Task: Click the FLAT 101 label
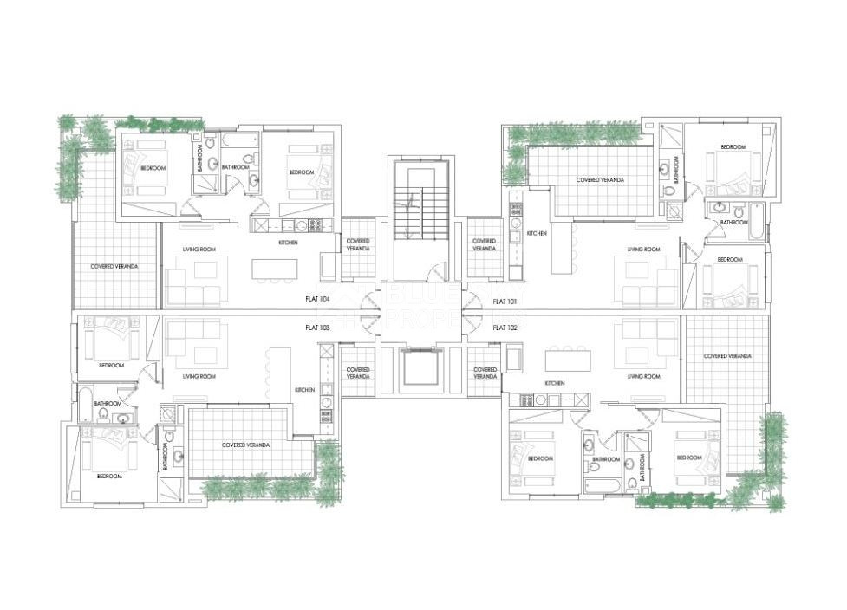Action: (x=505, y=302)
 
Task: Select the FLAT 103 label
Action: (x=318, y=328)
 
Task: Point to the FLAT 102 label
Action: (x=505, y=328)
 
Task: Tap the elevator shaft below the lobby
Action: (x=420, y=367)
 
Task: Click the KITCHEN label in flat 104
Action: (x=288, y=243)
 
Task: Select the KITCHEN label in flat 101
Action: (x=537, y=234)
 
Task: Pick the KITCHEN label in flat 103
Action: (x=304, y=390)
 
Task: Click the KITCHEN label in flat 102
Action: (x=555, y=382)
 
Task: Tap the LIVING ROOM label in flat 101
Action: (x=644, y=250)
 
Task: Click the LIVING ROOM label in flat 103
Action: (x=199, y=377)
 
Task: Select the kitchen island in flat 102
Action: (x=568, y=359)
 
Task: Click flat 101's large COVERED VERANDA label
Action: (x=600, y=180)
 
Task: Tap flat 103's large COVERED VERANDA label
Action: (x=245, y=445)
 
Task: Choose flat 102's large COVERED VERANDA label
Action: (x=726, y=356)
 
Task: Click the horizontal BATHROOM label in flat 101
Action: (x=733, y=222)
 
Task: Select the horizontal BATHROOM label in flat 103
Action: (x=108, y=403)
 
